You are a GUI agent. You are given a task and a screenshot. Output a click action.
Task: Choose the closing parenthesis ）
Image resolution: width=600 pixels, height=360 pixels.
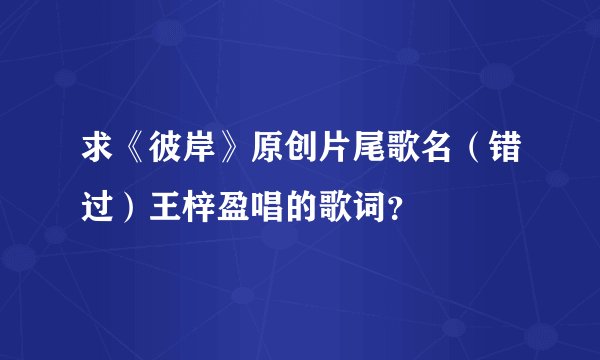coord(127,208)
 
